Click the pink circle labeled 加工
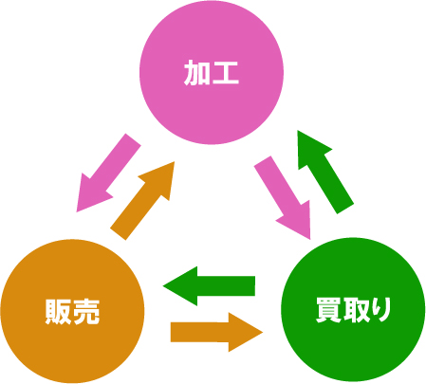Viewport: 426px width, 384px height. pos(212,72)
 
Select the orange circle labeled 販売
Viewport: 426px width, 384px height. pos(72,311)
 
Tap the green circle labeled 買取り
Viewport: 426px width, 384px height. pos(353,310)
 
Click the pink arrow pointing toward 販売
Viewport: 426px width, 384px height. pos(108,173)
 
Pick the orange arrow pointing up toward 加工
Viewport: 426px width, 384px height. pos(142,201)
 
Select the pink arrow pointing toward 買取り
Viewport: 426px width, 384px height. pos(283,197)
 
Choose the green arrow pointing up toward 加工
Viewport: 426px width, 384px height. pos(325,172)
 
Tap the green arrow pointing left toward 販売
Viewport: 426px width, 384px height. pos(209,286)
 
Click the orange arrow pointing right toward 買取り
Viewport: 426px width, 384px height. pos(216,332)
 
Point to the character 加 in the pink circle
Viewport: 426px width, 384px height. pos(196,73)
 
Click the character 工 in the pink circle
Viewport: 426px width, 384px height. pos(225,73)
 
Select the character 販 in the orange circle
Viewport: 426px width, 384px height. pos(58,312)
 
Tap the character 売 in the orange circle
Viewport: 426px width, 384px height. pos(86,312)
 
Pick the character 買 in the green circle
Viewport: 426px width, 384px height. pos(329,310)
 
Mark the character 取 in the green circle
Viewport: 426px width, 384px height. pos(358,310)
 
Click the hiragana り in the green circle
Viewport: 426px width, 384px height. pos(382,310)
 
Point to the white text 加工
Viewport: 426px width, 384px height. pos(212,73)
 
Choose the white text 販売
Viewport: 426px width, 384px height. pos(72,312)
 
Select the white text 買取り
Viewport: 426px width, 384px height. pos(353,310)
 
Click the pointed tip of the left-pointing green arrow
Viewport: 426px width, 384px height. pos(163,286)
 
